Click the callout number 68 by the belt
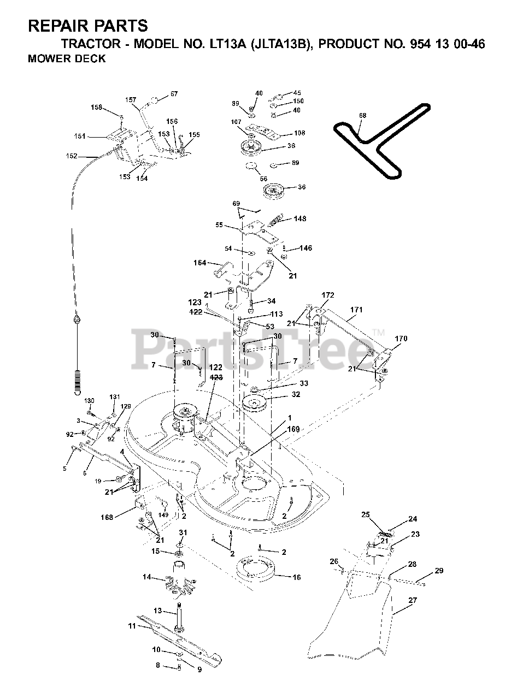[363, 115]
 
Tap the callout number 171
[356, 310]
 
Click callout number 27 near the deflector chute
[413, 600]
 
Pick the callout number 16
[297, 577]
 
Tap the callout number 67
[174, 94]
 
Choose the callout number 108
[299, 133]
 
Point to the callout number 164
[199, 263]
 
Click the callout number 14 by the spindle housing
[147, 577]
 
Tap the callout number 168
[107, 517]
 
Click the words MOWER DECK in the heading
[67, 60]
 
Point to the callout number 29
[439, 571]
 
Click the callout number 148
[299, 218]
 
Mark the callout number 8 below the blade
[158, 665]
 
